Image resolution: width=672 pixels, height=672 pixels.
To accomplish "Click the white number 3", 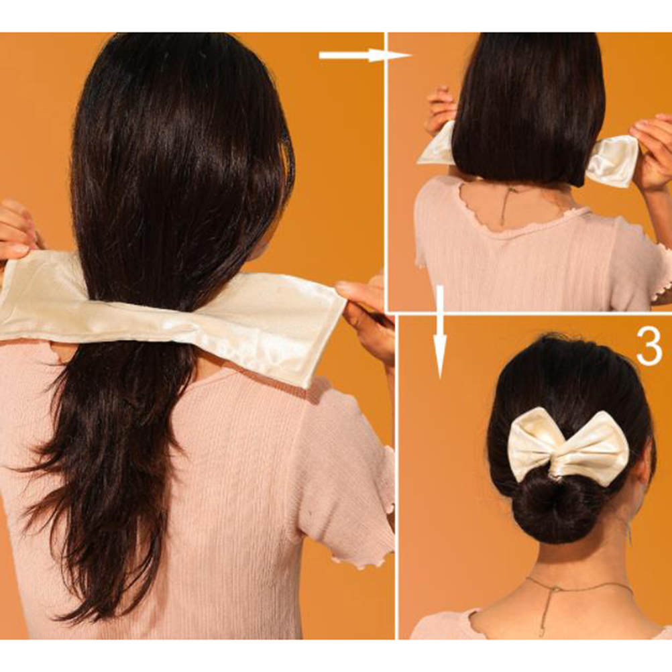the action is (x=649, y=347).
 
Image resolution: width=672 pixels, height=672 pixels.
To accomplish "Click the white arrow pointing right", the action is (x=365, y=55).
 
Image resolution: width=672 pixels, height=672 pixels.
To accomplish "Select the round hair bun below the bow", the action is (x=550, y=508).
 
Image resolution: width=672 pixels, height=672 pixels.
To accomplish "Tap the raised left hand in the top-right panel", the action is (x=439, y=109).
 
